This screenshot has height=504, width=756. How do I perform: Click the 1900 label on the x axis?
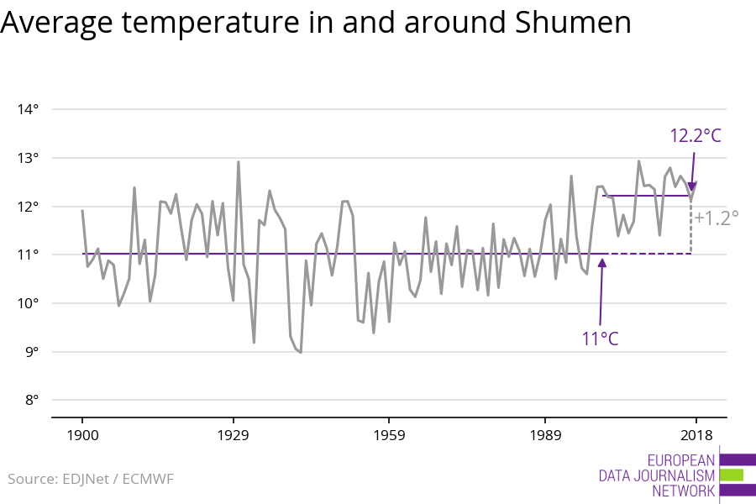click(82, 435)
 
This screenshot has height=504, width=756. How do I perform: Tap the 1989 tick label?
click(545, 435)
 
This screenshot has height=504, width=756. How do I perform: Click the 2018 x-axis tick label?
click(696, 435)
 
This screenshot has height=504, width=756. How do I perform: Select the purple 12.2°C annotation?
click(696, 135)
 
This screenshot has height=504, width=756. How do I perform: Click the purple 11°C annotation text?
click(601, 339)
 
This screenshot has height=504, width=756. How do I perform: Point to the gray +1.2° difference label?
click(717, 217)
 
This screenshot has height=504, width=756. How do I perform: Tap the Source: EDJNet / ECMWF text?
click(91, 479)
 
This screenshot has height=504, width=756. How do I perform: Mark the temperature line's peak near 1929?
click(239, 162)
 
